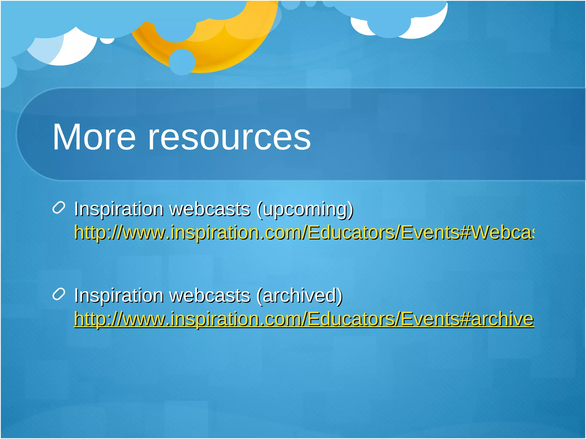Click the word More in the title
pos(94,137)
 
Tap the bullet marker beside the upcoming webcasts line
pos(59,207)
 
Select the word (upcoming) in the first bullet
pos(305,209)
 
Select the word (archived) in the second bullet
pos(299,296)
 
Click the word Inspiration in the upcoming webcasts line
pos(119,209)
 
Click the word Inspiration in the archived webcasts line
pos(119,296)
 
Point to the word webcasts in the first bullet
pos(210,209)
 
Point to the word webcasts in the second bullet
pos(210,296)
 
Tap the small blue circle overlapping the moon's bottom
pos(182,62)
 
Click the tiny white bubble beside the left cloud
pos(107,41)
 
